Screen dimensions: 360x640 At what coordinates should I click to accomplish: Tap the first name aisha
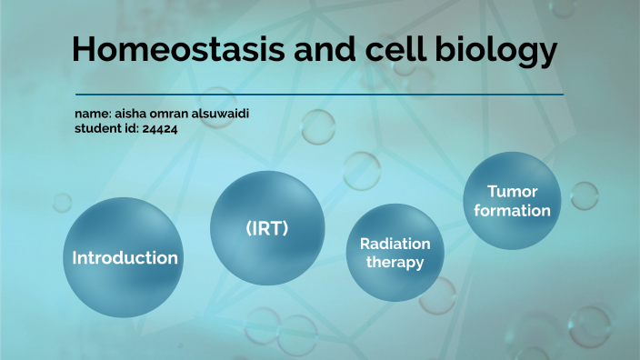[x=130, y=114]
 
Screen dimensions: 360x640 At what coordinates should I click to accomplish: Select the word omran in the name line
[x=172, y=114]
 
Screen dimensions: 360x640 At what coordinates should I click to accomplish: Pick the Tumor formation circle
[x=512, y=200]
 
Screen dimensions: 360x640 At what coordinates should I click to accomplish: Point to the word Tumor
[x=513, y=191]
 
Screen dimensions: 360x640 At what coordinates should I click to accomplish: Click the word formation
[x=513, y=211]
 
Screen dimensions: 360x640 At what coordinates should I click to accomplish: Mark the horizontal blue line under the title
[x=318, y=95]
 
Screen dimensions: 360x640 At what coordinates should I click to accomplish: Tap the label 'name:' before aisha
[x=93, y=114]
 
